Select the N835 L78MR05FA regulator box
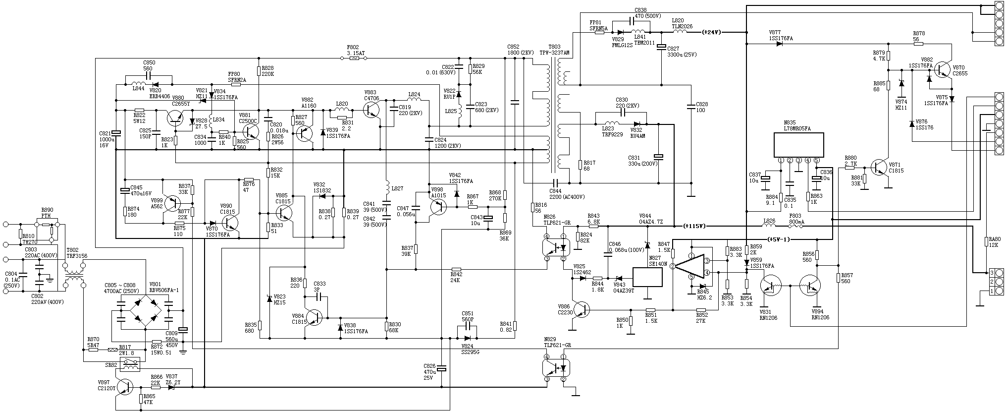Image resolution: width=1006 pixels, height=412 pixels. (799, 145)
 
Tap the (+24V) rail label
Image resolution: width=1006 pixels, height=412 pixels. (712, 32)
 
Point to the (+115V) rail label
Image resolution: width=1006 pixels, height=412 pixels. (694, 226)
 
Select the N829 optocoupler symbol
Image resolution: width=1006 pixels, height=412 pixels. (555, 368)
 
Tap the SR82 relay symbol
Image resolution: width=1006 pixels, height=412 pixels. (130, 365)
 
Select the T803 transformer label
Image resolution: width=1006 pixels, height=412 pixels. (554, 49)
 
